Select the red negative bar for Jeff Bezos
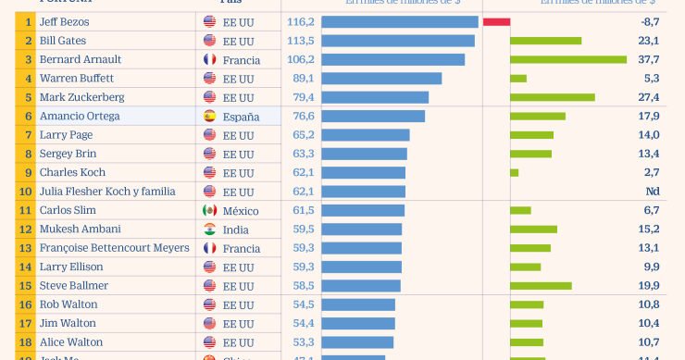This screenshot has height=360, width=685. [496, 21]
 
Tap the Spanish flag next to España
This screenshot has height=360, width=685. [209, 117]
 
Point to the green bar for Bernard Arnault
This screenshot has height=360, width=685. [568, 59]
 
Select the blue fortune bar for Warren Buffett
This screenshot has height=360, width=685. [381, 79]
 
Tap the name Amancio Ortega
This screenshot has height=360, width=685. [79, 117]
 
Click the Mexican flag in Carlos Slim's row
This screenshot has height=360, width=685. [209, 210]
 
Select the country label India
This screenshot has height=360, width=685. [235, 230]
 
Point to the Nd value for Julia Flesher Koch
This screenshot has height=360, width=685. [652, 192]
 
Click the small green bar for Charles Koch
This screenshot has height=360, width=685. [514, 172]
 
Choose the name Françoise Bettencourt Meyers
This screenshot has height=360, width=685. [114, 248]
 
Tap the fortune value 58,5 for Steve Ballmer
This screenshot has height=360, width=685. [303, 286]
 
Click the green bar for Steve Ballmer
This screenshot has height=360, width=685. [541, 286]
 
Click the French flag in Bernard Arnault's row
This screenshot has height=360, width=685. [209, 59]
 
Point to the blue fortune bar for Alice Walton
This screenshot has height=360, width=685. [357, 342]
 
